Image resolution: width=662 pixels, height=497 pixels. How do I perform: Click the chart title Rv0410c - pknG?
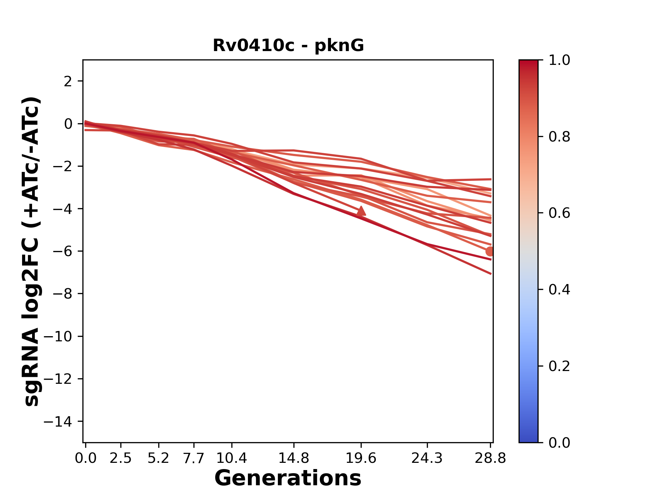click(288, 46)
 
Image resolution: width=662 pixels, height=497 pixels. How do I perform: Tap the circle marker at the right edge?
click(490, 251)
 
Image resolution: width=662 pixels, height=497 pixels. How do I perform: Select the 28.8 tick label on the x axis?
click(490, 458)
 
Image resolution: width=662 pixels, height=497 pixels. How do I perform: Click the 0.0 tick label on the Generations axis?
click(86, 458)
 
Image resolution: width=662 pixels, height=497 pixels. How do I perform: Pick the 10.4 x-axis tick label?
click(232, 458)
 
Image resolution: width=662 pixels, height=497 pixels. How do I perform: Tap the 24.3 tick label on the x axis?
click(427, 458)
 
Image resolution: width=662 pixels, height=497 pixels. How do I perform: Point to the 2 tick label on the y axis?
click(68, 81)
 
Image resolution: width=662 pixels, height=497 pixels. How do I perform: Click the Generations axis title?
click(288, 478)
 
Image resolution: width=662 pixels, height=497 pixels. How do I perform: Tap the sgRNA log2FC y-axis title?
click(32, 251)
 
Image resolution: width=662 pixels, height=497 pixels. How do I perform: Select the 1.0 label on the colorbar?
click(559, 60)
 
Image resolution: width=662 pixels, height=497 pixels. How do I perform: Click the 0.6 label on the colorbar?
click(559, 213)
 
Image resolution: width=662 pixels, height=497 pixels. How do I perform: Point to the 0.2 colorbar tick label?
click(559, 366)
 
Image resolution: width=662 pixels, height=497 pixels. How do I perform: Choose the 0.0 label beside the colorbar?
click(559, 442)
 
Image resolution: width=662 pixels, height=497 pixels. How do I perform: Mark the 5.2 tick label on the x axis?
click(158, 458)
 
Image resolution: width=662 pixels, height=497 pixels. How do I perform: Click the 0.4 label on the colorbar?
click(559, 290)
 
